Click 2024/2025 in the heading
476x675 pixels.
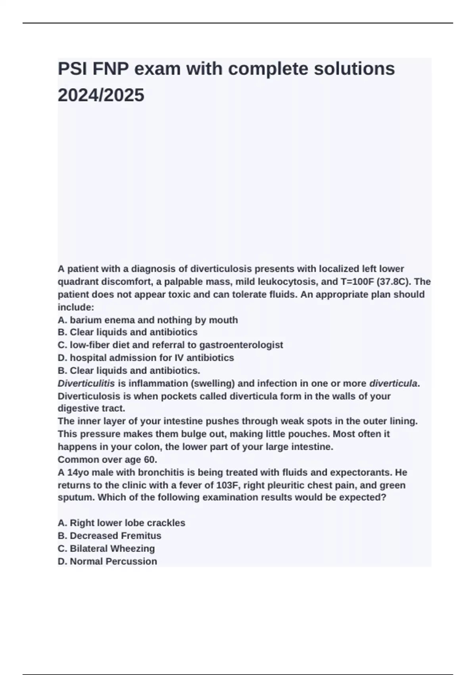coord(101,95)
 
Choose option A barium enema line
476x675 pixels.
coord(148,320)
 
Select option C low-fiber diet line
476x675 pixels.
coord(170,345)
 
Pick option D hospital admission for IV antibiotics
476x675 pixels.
coord(146,358)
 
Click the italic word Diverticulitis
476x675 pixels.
coord(86,384)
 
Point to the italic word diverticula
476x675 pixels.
coord(393,384)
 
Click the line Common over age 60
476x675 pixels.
coord(107,459)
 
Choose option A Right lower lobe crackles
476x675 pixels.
coord(121,523)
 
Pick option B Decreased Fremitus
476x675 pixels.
coord(109,536)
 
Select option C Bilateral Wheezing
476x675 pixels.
coord(106,548)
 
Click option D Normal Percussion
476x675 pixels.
coord(107,561)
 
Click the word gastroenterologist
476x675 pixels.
coord(241,345)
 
